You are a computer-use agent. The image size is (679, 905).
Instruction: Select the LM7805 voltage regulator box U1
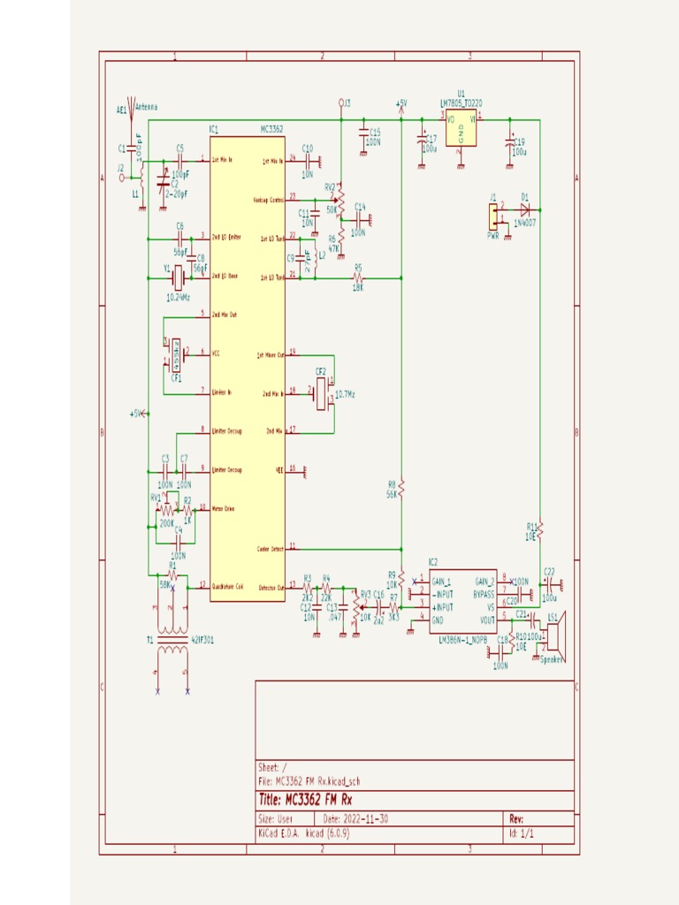pos(461,131)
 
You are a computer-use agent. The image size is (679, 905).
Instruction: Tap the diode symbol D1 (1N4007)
pos(524,209)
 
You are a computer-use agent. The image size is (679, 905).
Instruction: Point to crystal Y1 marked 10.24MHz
pos(178,278)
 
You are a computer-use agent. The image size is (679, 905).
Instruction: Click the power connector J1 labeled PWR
pos(493,215)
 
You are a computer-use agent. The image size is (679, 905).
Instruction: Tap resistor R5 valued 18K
pos(358,278)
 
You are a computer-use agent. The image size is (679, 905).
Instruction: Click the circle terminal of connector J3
pos(341,103)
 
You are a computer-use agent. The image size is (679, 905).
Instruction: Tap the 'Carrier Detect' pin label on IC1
pos(269,549)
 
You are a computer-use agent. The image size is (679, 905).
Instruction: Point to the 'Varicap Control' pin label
pos(268,200)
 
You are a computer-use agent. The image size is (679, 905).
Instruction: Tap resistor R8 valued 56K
pos(401,488)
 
